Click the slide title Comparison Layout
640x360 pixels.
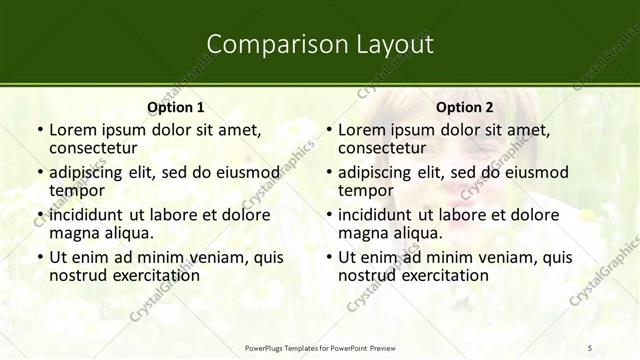coord(320,44)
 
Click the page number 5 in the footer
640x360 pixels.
coord(590,347)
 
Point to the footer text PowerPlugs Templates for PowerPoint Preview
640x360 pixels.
coord(320,347)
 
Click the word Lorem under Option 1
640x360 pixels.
coord(73,130)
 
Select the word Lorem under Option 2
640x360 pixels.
coord(362,130)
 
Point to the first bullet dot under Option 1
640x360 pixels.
coord(39,131)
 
